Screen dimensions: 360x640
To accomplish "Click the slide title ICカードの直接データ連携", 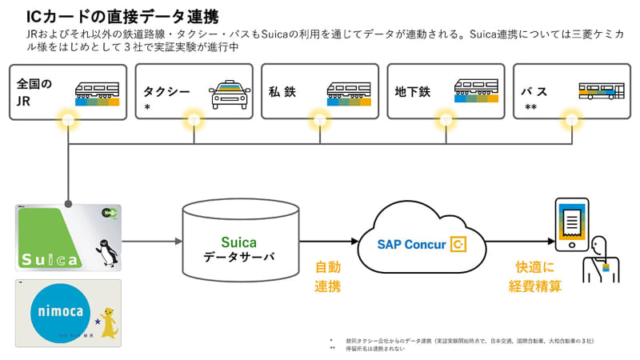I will pyautogui.click(x=123, y=16).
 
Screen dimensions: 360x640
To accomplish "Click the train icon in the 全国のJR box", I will pyautogui.click(x=97, y=93).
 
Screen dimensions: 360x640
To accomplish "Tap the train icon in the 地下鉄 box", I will pyautogui.click(x=477, y=93).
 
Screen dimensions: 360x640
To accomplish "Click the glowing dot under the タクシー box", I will pyautogui.click(x=194, y=121).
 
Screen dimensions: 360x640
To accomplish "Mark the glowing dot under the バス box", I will pyautogui.click(x=570, y=121).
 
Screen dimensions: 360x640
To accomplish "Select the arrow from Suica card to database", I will pyautogui.click(x=152, y=241).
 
